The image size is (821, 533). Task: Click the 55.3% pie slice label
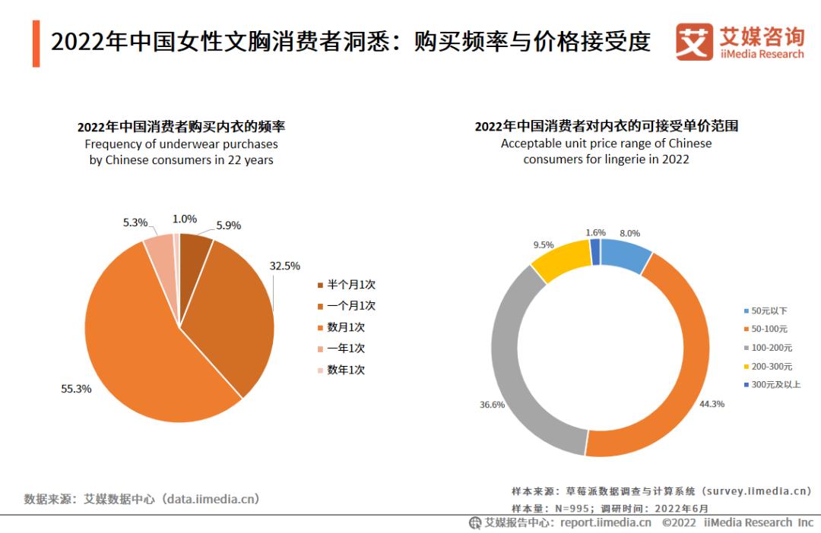[76, 389]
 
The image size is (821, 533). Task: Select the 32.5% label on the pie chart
[285, 266]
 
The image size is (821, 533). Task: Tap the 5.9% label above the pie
[228, 225]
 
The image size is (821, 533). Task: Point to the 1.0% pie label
[184, 219]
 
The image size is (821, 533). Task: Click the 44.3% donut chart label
[712, 404]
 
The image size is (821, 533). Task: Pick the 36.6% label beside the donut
[492, 405]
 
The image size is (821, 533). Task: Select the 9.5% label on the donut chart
[543, 244]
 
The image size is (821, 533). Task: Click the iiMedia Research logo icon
[694, 42]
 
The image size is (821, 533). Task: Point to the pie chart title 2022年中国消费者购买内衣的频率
[181, 127]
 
